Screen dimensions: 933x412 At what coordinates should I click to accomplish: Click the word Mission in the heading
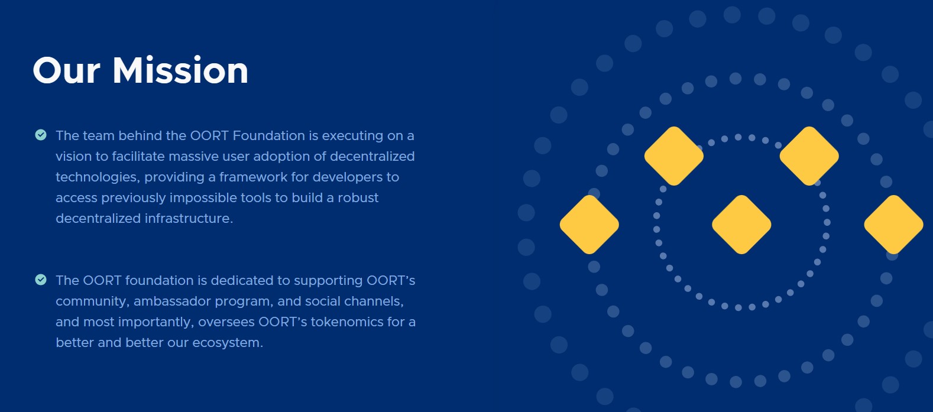(x=180, y=70)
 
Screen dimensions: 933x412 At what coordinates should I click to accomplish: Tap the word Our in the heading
(x=66, y=70)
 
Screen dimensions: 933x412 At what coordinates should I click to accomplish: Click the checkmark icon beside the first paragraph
(x=41, y=135)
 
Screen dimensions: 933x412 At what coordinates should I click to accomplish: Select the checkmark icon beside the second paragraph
(x=41, y=280)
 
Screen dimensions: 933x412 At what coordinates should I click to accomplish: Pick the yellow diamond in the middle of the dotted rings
(x=741, y=225)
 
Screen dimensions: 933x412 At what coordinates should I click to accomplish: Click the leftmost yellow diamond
(x=589, y=225)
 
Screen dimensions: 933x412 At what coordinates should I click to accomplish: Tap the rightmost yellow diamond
(x=893, y=225)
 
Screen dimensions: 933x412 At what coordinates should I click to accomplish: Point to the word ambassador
(x=172, y=301)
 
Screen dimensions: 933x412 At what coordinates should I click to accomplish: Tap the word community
(x=92, y=301)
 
